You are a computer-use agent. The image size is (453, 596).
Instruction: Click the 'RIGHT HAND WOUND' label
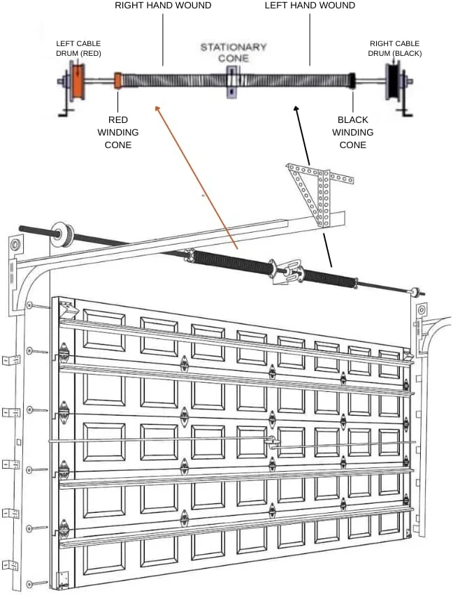pyautogui.click(x=163, y=6)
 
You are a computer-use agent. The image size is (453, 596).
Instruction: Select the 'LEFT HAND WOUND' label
pyautogui.click(x=310, y=6)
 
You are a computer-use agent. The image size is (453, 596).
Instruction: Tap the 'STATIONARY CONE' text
pyautogui.click(x=233, y=52)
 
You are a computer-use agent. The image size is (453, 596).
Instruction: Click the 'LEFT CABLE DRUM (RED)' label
pyautogui.click(x=78, y=48)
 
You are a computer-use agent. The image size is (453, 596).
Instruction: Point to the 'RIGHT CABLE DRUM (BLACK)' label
pyautogui.click(x=395, y=48)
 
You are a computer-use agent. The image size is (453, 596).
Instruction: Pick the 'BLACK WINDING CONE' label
pyautogui.click(x=353, y=132)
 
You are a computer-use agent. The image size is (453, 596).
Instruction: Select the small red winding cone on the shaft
pyautogui.click(x=118, y=80)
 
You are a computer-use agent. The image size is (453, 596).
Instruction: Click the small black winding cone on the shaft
pyautogui.click(x=353, y=81)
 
